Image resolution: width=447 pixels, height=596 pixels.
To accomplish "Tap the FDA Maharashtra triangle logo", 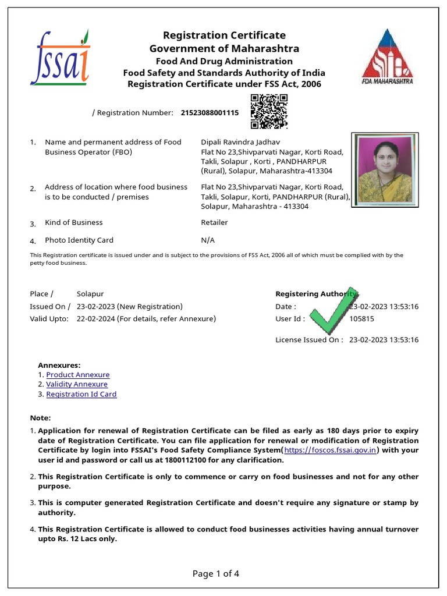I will [388, 56].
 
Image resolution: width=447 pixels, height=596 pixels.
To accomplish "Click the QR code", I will [269, 111].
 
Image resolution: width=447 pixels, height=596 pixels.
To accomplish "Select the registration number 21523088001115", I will [210, 113].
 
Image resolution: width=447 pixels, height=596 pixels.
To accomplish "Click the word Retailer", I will [214, 222].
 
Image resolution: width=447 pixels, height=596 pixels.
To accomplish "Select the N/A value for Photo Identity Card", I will [208, 240].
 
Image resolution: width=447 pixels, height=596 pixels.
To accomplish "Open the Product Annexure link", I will [77, 375].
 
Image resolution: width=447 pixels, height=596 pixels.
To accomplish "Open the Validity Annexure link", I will [77, 384].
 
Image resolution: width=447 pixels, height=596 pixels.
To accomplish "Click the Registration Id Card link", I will [81, 394].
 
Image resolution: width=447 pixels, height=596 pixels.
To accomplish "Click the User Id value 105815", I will [361, 319].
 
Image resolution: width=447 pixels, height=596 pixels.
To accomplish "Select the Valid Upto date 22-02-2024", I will [96, 319].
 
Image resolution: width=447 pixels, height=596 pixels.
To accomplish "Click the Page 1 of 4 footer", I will [215, 574].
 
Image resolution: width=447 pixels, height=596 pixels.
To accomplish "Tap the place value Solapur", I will [90, 294].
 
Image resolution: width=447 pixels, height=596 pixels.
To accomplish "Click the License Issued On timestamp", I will [384, 340].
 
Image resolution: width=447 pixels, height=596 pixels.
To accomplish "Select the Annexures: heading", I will [59, 365].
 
